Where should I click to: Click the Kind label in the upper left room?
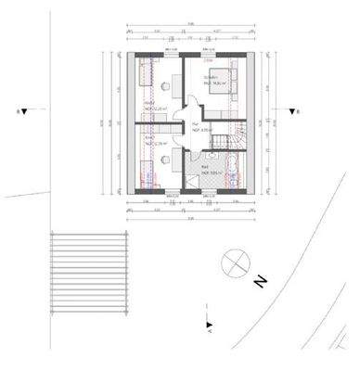click(x=149, y=105)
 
